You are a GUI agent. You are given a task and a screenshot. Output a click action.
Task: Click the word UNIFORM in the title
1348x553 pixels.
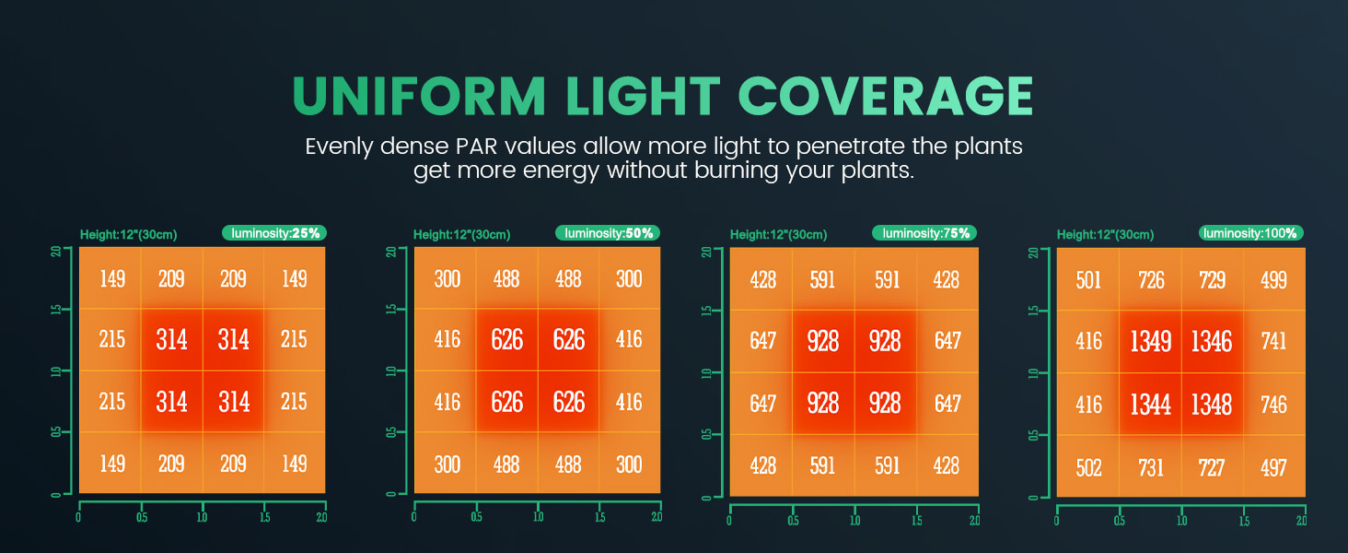point(419,96)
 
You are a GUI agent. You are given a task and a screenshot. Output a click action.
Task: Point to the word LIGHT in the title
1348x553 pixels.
point(643,96)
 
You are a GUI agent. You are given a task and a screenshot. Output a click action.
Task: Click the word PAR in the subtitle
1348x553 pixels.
point(477,147)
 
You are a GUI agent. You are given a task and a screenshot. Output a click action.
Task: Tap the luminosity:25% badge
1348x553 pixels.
point(274,233)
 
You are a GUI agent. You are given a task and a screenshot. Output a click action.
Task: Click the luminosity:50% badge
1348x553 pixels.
point(608,233)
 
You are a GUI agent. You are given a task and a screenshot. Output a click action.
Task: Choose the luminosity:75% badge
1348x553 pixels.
point(925,233)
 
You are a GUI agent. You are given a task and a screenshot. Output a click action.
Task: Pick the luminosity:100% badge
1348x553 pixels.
point(1251,233)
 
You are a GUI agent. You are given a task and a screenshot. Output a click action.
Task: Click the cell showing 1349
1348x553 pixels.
point(1150,342)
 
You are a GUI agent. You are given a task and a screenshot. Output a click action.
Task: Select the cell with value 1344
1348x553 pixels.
point(1150,405)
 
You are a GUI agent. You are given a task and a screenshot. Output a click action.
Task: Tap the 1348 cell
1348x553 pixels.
point(1212,405)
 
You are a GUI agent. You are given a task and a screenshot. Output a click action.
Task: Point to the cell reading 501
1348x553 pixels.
point(1088,279)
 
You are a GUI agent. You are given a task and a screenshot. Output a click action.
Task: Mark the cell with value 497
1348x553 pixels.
point(1274,467)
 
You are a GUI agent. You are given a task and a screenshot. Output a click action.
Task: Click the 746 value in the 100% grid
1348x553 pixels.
point(1274,405)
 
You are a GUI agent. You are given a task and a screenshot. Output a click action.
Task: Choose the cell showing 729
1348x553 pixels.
point(1212,279)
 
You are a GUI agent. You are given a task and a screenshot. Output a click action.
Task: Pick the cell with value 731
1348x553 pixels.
point(1150,467)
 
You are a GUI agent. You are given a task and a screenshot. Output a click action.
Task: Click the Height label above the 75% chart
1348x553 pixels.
point(778,235)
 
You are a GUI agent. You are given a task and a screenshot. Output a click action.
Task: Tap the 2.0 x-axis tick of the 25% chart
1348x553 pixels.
point(322,517)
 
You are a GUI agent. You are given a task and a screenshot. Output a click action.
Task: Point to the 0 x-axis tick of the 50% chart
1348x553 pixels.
point(414,517)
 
